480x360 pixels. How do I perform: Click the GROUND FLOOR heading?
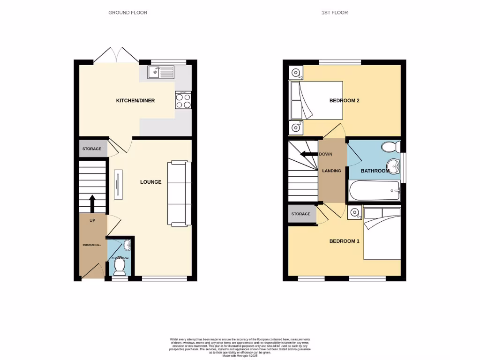coord(127,13)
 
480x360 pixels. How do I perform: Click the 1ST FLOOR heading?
coord(335,13)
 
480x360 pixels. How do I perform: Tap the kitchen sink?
coord(161,72)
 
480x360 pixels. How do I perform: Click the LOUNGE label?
coord(151,182)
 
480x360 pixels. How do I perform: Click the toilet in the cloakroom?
coord(120,267)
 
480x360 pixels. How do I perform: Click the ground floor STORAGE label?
coord(92,149)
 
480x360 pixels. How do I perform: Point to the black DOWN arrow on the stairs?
coord(308,154)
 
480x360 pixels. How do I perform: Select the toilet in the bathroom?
coord(390,148)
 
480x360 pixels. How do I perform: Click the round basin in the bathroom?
coord(393,165)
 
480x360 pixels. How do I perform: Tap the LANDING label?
coord(331,171)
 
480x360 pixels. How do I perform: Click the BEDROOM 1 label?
coord(344,241)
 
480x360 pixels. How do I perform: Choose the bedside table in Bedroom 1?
coord(355,212)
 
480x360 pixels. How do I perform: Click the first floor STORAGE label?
coord(301,214)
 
